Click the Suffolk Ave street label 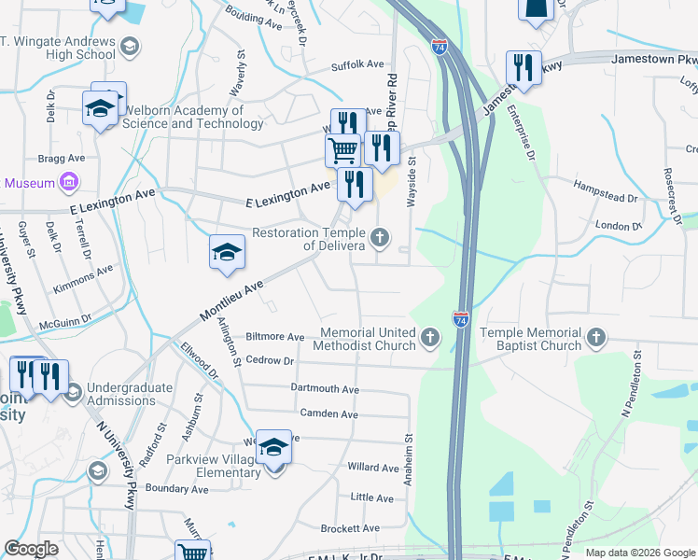pyautogui.click(x=357, y=65)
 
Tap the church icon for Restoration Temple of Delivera pyautogui.click(x=379, y=238)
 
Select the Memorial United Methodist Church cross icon pyautogui.click(x=429, y=337)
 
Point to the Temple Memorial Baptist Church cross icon pyautogui.click(x=597, y=337)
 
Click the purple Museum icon pyautogui.click(x=68, y=182)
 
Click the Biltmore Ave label pyautogui.click(x=274, y=337)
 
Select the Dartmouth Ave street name pyautogui.click(x=325, y=389)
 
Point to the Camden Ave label pyautogui.click(x=328, y=413)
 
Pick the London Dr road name pyautogui.click(x=619, y=226)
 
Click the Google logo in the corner pyautogui.click(x=31, y=549)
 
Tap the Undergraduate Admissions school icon pyautogui.click(x=74, y=394)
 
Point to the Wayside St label pyautogui.click(x=411, y=183)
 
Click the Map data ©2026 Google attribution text pyautogui.click(x=639, y=553)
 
